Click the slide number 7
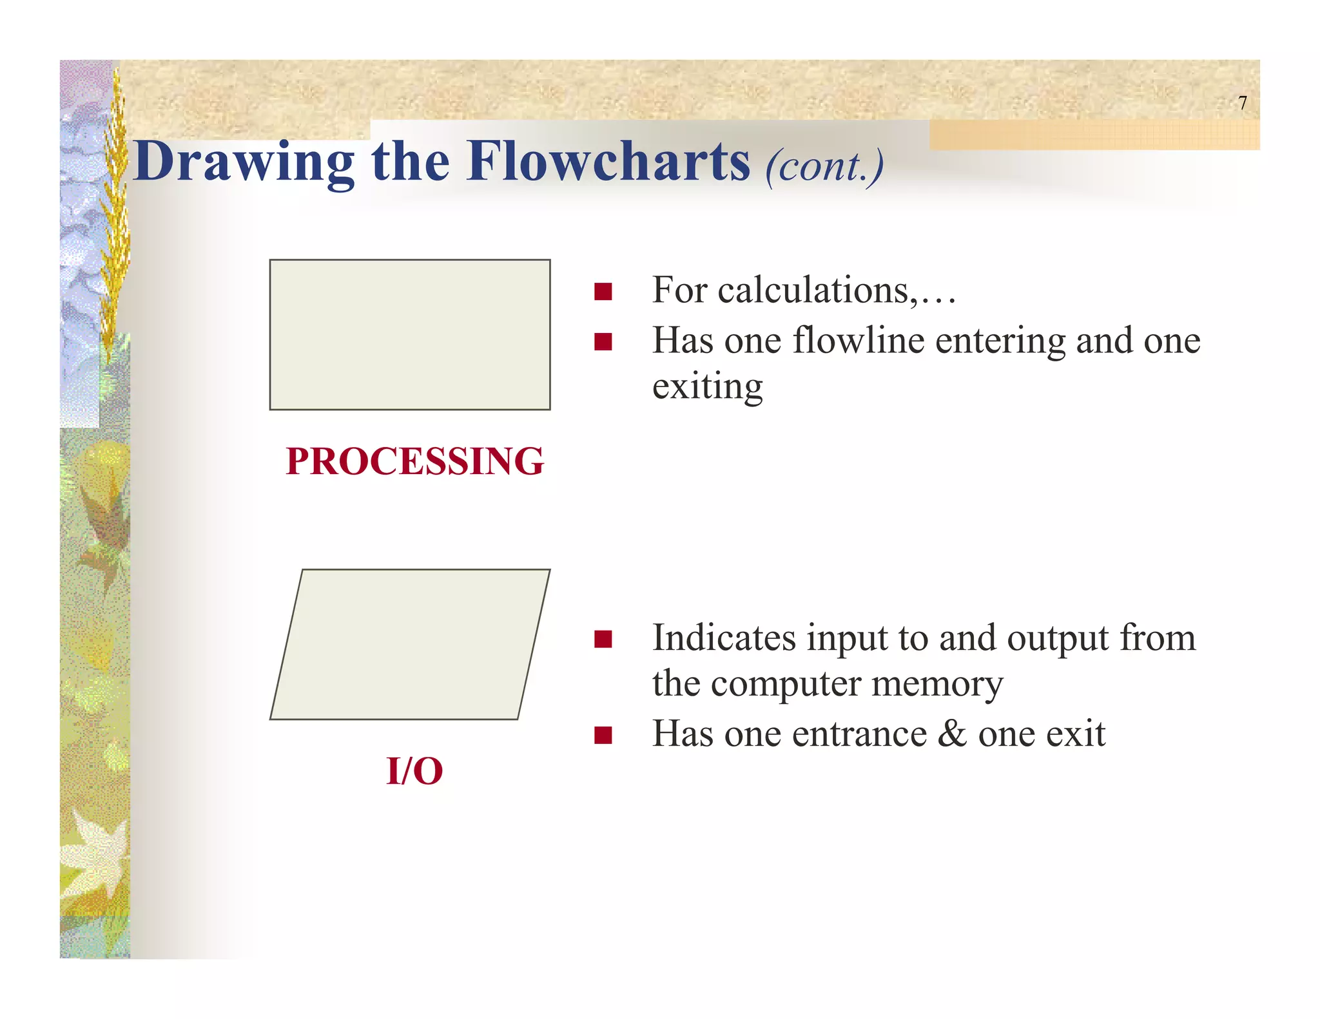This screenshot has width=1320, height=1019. (1243, 103)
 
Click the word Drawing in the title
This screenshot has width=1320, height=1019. (244, 162)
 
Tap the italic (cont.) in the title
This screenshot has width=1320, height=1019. (824, 166)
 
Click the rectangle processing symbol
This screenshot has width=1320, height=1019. (410, 335)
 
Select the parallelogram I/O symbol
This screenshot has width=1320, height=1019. (410, 644)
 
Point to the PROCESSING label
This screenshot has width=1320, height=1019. (415, 461)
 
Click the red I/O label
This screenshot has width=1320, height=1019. (414, 770)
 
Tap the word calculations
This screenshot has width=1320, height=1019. (815, 290)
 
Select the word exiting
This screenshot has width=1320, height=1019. (707, 386)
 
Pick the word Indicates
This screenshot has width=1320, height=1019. (724, 638)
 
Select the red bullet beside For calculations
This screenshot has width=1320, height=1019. (603, 292)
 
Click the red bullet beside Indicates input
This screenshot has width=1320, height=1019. (603, 639)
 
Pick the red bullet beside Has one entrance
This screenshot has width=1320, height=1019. (603, 735)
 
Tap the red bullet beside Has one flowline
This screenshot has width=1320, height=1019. (603, 341)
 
